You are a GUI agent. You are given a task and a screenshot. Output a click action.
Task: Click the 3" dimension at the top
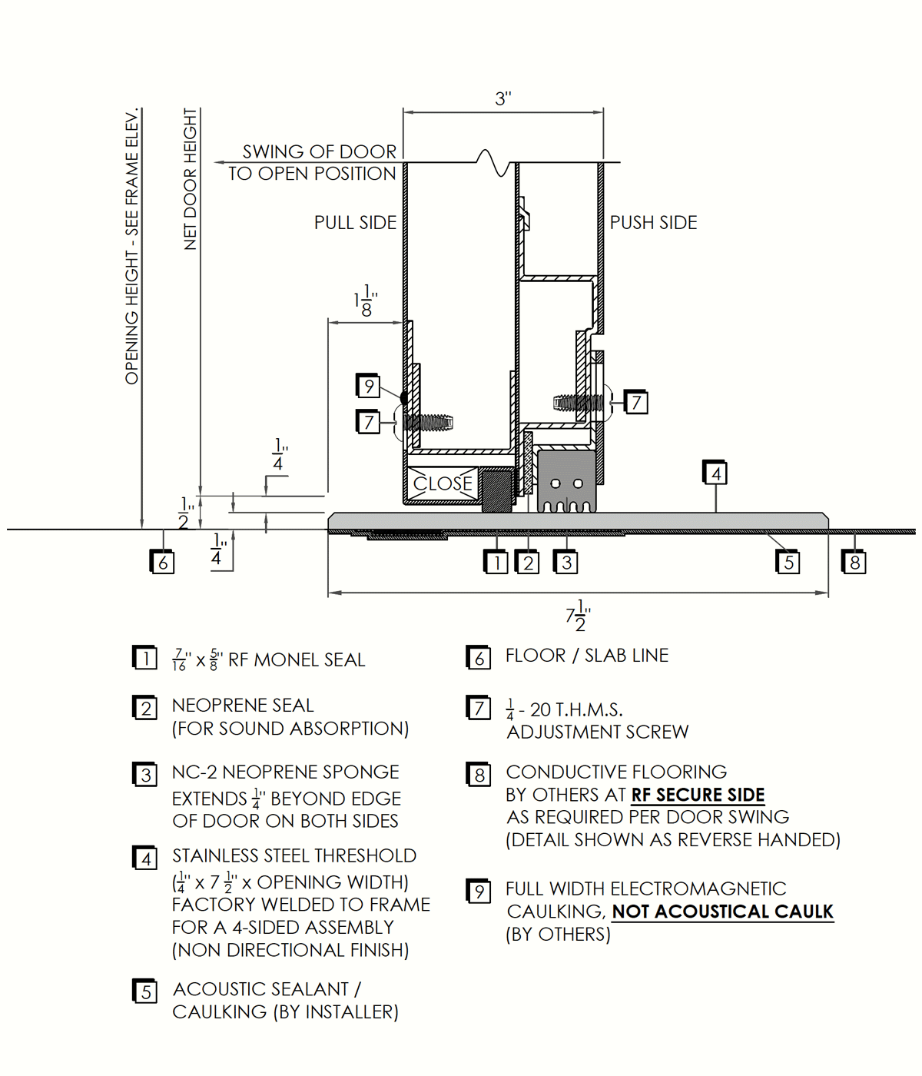[503, 98]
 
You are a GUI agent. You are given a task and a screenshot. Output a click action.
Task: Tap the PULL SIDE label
[355, 223]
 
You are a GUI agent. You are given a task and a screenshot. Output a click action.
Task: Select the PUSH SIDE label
[653, 223]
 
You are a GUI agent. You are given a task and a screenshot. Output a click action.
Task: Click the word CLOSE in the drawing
[443, 483]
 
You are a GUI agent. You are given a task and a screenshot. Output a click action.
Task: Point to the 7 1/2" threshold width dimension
[579, 616]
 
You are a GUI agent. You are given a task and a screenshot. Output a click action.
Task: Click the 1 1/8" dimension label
[366, 301]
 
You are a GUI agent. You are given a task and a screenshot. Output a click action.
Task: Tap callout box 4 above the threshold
[715, 473]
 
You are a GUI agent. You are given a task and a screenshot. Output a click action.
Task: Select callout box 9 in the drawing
[369, 386]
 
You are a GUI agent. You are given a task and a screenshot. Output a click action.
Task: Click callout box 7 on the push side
[635, 402]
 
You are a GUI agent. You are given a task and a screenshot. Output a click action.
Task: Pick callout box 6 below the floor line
[162, 563]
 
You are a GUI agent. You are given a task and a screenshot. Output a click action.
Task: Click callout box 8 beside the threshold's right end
[854, 563]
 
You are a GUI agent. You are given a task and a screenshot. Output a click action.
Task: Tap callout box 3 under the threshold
[566, 563]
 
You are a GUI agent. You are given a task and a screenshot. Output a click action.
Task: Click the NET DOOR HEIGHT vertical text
[191, 178]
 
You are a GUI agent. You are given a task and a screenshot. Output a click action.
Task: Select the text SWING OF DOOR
[320, 151]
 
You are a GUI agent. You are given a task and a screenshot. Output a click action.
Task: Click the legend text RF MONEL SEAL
[297, 660]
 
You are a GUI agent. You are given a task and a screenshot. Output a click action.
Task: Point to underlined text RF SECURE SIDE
[698, 795]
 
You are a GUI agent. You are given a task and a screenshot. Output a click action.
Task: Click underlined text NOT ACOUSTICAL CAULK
[722, 912]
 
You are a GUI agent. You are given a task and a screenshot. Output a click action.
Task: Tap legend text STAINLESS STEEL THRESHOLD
[294, 855]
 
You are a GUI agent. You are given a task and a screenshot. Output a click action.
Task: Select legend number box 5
[145, 991]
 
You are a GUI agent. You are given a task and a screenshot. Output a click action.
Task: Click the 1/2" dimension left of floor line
[185, 513]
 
